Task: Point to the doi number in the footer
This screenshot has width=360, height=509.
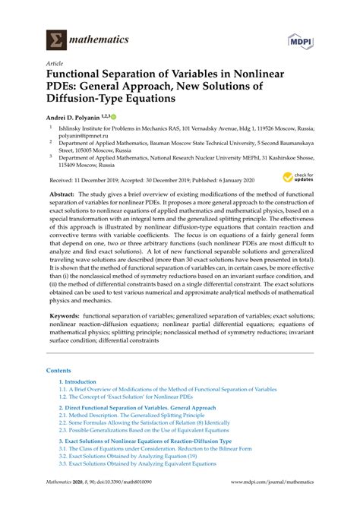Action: [126, 502]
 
